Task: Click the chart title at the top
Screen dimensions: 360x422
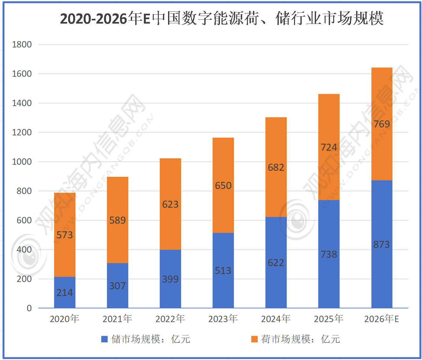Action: point(222,18)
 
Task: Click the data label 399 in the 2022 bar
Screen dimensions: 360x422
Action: point(170,279)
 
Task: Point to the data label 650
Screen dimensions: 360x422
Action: point(223,185)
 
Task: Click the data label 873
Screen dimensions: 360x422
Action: point(382,244)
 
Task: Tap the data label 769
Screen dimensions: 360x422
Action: point(382,124)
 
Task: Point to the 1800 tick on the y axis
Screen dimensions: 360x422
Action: point(22,44)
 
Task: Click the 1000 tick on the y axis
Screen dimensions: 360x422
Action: point(22,162)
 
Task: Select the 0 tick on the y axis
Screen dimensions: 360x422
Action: point(29,308)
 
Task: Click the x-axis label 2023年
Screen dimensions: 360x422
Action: point(223,319)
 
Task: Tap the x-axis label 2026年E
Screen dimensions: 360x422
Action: point(382,319)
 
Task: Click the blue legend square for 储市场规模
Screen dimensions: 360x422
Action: point(104,339)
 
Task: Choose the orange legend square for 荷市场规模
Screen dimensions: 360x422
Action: point(254,339)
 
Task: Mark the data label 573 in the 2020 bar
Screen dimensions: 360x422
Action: point(65,235)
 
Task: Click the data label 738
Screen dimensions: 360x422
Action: point(329,254)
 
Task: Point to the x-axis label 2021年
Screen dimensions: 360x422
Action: point(117,319)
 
